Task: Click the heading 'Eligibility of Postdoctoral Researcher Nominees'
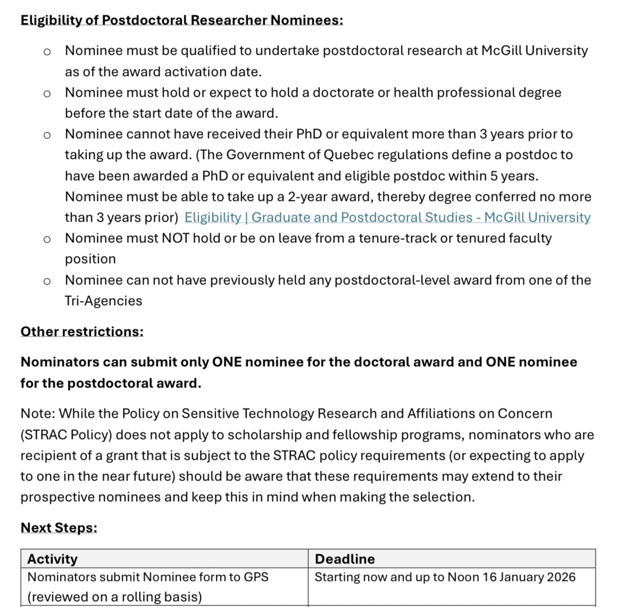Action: pyautogui.click(x=181, y=20)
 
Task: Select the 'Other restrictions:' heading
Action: pyautogui.click(x=82, y=332)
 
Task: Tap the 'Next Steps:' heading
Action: pyautogui.click(x=59, y=528)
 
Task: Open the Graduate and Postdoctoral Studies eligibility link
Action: pyautogui.click(x=387, y=217)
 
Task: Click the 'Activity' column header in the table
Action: pyautogui.click(x=52, y=559)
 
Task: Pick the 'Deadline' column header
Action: pyautogui.click(x=345, y=559)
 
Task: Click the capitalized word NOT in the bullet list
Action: pyautogui.click(x=175, y=238)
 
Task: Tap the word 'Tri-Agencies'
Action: pyautogui.click(x=103, y=301)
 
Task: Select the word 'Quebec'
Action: pyautogui.click(x=346, y=155)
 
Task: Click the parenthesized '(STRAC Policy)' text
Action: pyautogui.click(x=66, y=435)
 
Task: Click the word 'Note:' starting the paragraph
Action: pyautogui.click(x=38, y=414)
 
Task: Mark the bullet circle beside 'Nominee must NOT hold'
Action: pyautogui.click(x=47, y=239)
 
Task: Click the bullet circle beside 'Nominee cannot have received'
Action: pyautogui.click(x=47, y=135)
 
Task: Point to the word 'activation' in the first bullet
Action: pyautogui.click(x=195, y=72)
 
